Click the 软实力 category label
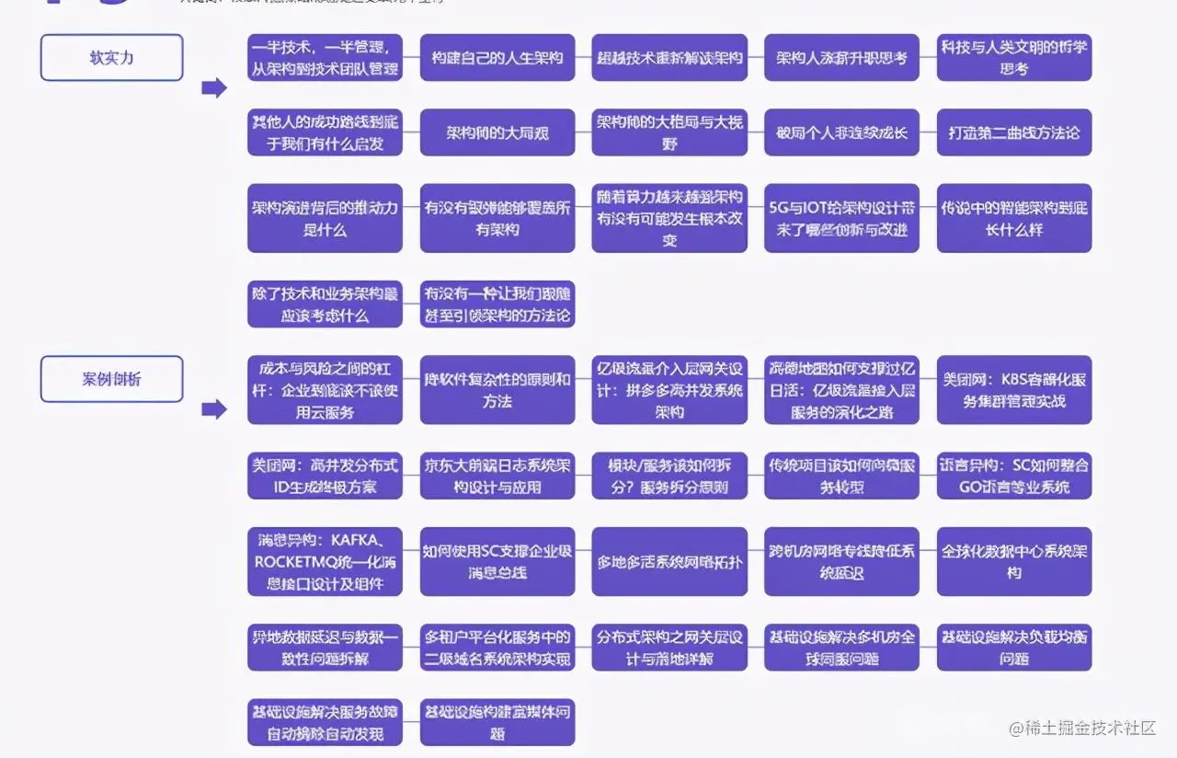tap(111, 57)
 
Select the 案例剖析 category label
tap(111, 378)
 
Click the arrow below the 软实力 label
tap(213, 88)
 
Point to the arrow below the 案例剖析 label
tap(213, 409)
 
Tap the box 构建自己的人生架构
tap(497, 57)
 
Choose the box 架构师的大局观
tap(497, 132)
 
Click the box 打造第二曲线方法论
tap(1014, 132)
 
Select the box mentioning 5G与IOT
tap(841, 218)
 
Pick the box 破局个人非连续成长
tap(841, 132)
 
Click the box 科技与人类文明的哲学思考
tap(1014, 57)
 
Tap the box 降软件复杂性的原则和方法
tap(497, 390)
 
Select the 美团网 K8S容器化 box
tap(1014, 390)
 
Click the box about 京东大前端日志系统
tap(497, 476)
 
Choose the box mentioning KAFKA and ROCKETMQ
tap(325, 561)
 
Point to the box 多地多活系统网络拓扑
tap(669, 561)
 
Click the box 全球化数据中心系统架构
tap(1014, 561)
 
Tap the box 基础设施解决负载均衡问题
tap(1014, 647)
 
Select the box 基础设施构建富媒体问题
tap(497, 722)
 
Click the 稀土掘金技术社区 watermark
tap(1081, 729)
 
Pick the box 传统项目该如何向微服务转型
tap(841, 476)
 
